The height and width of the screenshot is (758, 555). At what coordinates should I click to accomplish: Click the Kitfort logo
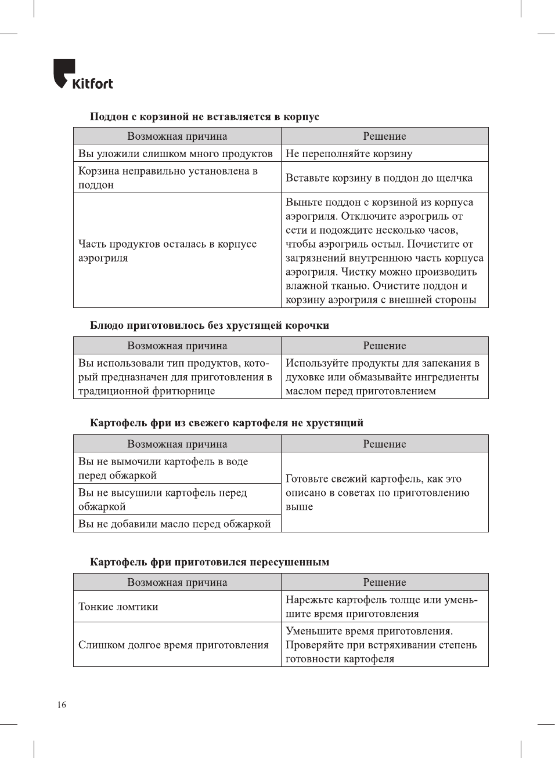(83, 75)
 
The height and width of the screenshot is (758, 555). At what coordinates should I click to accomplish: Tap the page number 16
(62, 705)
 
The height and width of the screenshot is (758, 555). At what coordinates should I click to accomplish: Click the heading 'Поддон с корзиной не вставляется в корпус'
(204, 117)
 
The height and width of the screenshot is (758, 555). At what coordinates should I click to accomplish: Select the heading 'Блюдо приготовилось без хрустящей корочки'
(210, 325)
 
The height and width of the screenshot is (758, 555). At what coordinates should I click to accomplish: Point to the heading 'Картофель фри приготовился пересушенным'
(210, 562)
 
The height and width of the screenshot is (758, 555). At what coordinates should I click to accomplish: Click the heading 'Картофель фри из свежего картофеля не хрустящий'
(226, 423)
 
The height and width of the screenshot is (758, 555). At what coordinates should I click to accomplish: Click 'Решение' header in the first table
(384, 136)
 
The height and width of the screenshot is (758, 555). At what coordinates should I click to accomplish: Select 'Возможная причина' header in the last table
(177, 582)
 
